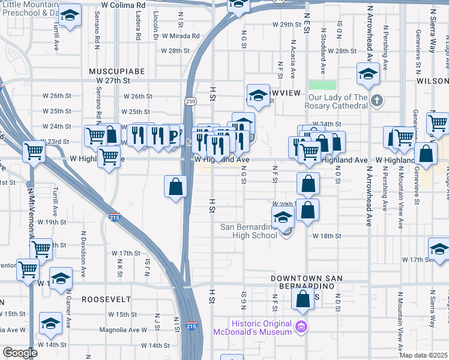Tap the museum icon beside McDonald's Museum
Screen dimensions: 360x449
(301, 328)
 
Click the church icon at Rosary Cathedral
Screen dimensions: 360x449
(376, 100)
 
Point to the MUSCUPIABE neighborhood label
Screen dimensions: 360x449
(117, 71)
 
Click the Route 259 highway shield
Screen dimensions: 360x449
(190, 101)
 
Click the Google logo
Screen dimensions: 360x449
(20, 353)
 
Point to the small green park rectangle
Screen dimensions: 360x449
(322, 85)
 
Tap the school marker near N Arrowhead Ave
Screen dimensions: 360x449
(367, 75)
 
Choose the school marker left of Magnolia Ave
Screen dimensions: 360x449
(50, 323)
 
